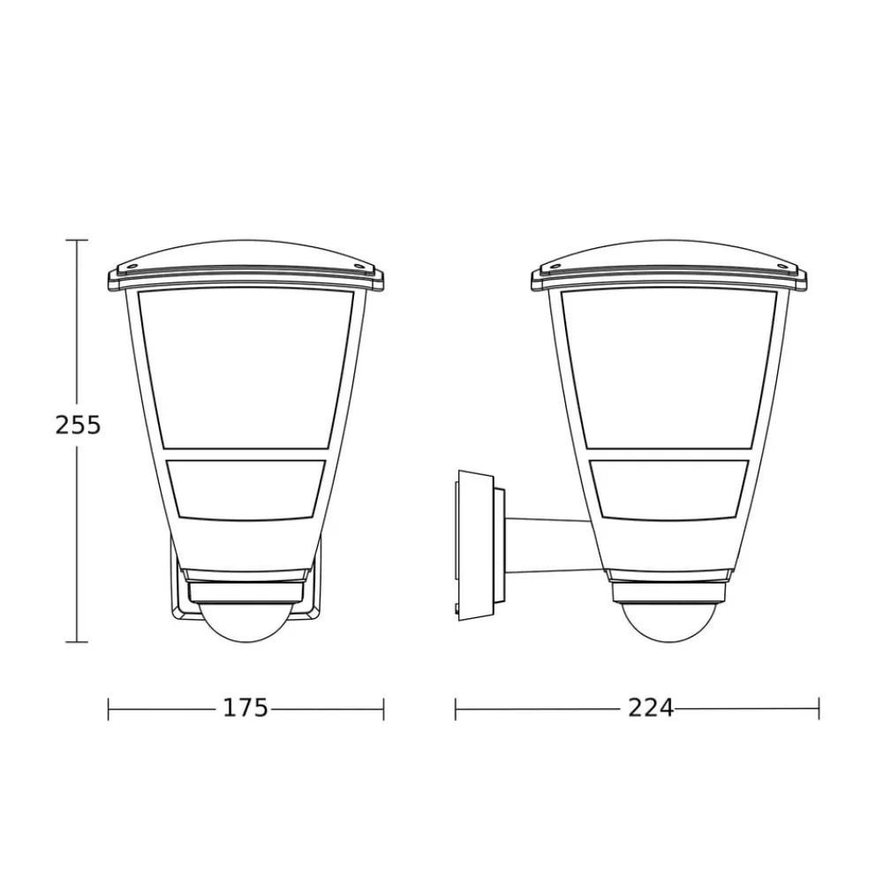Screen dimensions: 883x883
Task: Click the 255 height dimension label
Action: (78, 425)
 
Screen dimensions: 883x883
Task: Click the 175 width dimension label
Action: (245, 708)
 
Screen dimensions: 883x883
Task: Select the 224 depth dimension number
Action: (651, 708)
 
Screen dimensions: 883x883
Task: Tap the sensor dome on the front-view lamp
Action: (245, 623)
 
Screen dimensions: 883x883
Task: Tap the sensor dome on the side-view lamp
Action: (668, 623)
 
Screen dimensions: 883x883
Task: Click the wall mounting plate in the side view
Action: (477, 545)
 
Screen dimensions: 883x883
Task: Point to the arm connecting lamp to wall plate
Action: (549, 545)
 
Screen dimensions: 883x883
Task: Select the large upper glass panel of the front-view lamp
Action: (245, 370)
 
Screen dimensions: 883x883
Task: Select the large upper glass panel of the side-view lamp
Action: (668, 370)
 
